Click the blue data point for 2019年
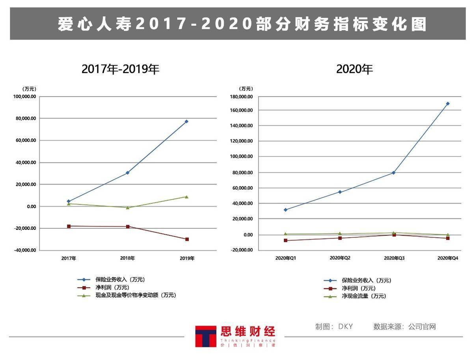[x=186, y=121]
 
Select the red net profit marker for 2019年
[x=187, y=239]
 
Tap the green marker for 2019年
[x=186, y=197]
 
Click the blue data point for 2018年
[x=128, y=173]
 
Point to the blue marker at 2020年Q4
[x=448, y=104]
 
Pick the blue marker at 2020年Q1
[x=285, y=210]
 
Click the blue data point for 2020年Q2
[x=340, y=192]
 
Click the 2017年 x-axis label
[x=69, y=259]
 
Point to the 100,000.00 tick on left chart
[x=25, y=97]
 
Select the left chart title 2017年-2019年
[x=121, y=69]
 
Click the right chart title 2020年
[x=354, y=69]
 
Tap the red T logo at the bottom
[x=205, y=336]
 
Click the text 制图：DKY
[x=334, y=326]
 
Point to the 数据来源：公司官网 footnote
[x=404, y=326]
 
